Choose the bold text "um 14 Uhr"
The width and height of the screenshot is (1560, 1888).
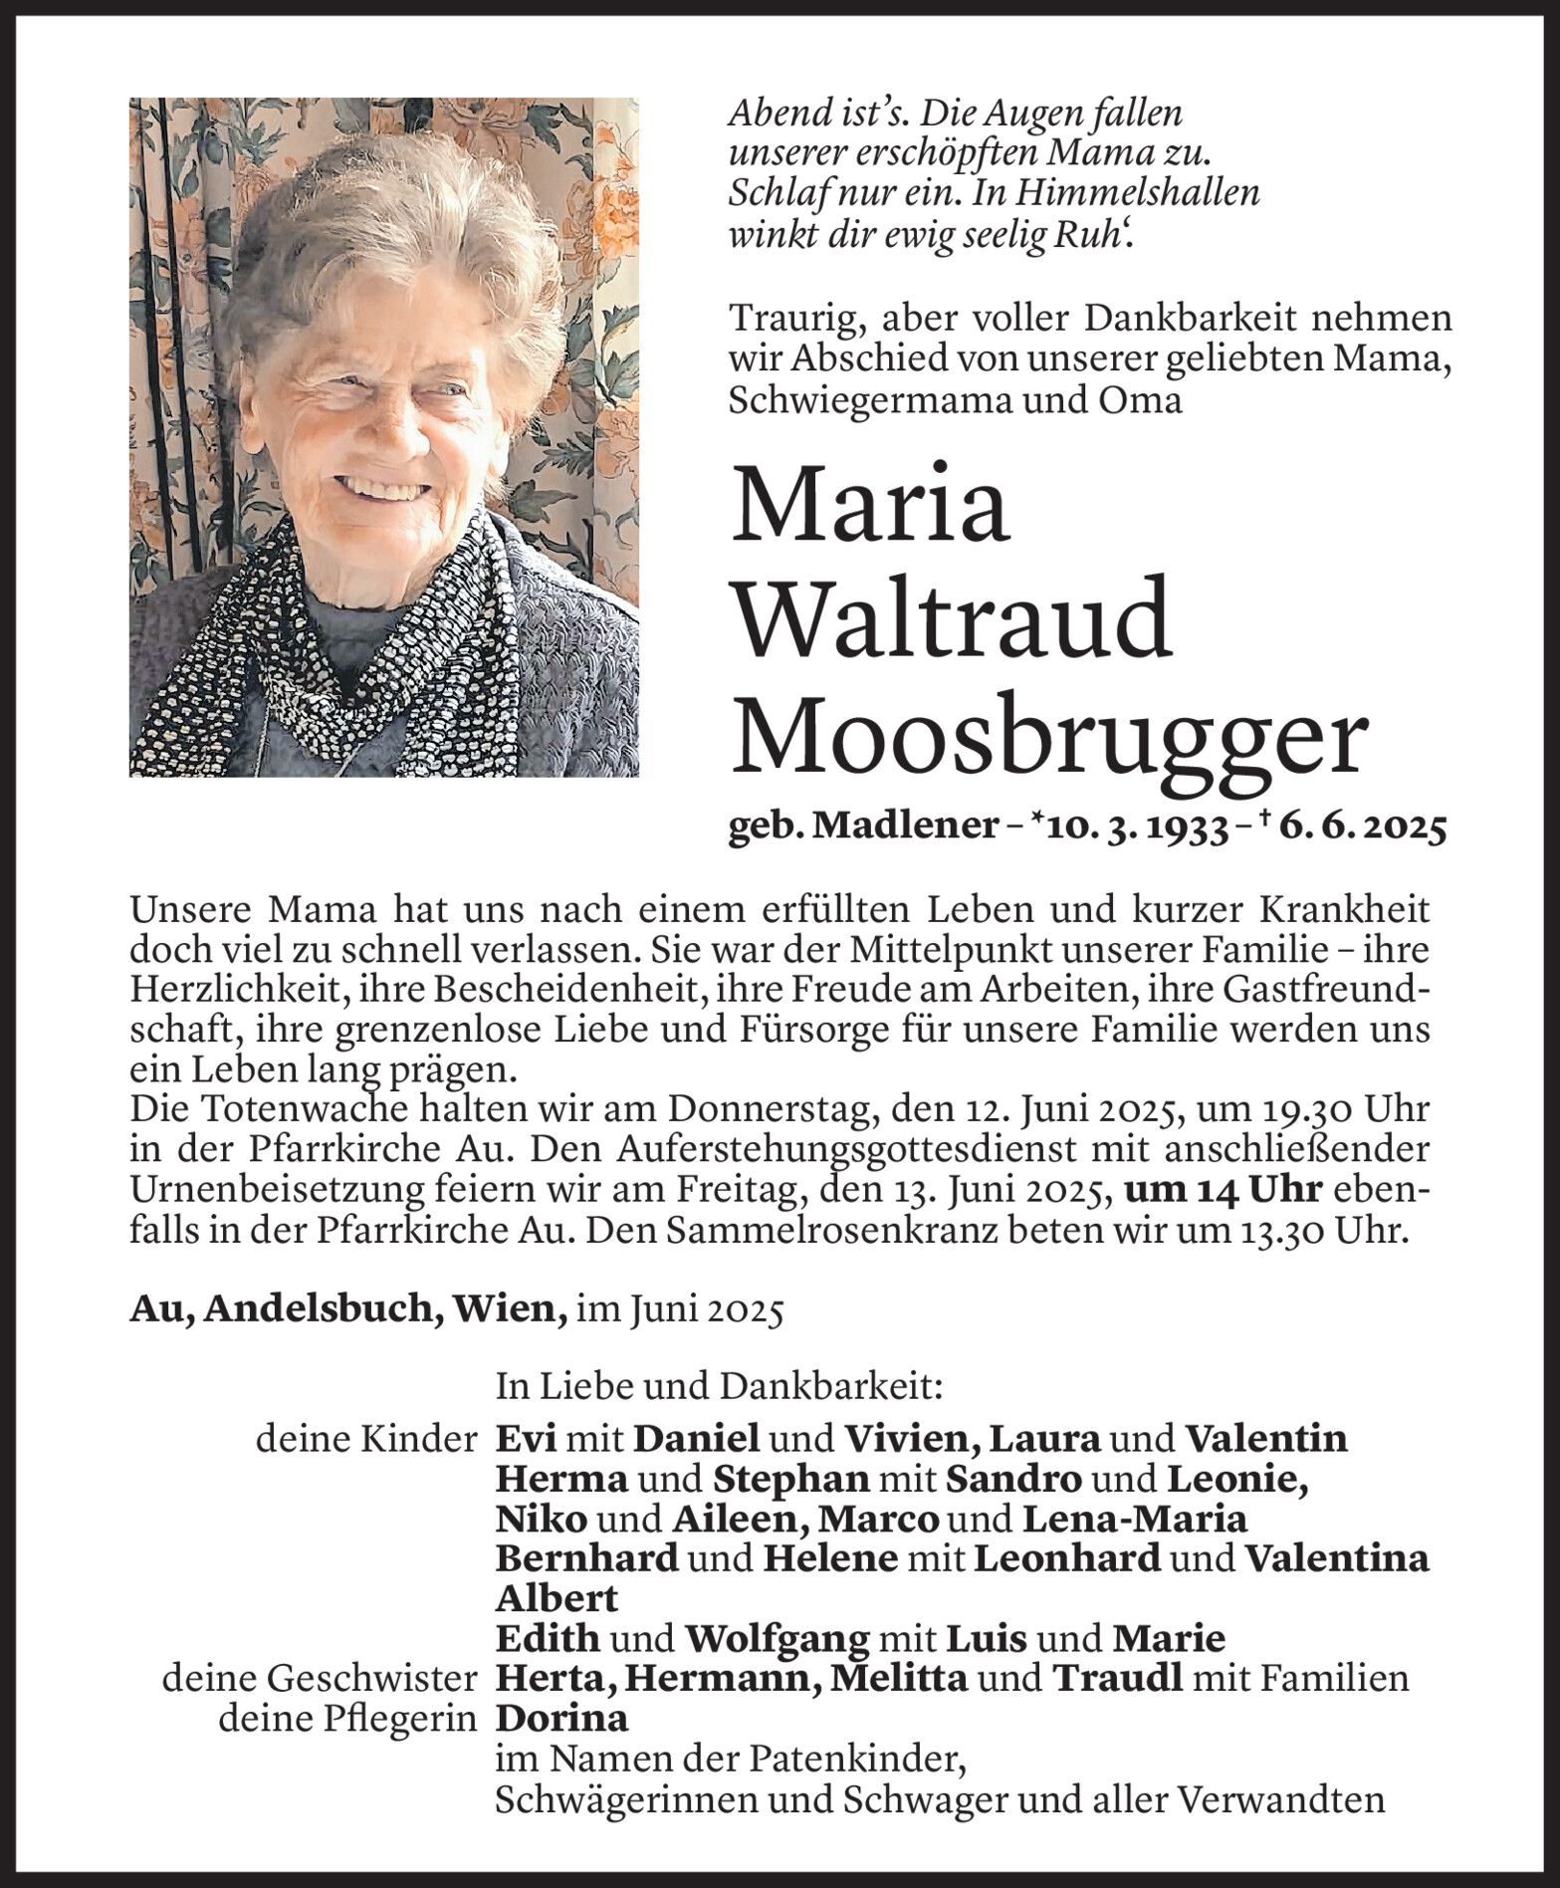coord(1222,1191)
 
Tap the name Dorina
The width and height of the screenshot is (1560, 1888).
coord(562,1718)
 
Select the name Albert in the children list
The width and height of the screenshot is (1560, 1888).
coord(557,1598)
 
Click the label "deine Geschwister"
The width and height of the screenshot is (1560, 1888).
coord(319,1679)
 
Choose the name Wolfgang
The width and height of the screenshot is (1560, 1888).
coord(778,1638)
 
